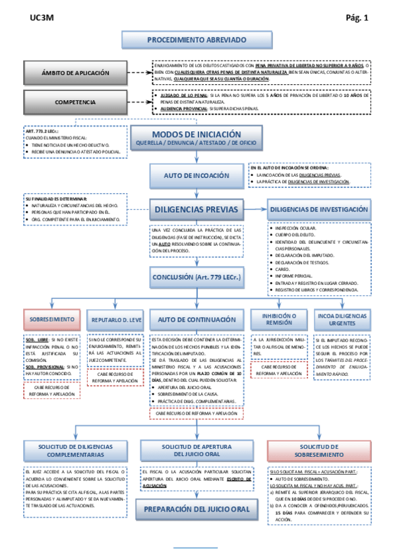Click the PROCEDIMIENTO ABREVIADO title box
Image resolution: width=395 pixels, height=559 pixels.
(x=197, y=40)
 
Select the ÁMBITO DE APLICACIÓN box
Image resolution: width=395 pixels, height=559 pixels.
(x=73, y=73)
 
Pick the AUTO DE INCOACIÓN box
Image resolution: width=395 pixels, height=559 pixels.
(x=197, y=176)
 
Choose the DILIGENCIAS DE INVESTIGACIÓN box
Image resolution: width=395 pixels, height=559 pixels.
(x=318, y=210)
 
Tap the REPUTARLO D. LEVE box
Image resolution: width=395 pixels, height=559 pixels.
(x=116, y=320)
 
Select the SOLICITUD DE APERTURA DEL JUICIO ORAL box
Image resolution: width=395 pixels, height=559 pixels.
(x=197, y=451)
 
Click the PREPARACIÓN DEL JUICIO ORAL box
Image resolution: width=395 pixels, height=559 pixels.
(x=197, y=510)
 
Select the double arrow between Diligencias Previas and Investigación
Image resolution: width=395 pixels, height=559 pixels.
(x=255, y=210)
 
